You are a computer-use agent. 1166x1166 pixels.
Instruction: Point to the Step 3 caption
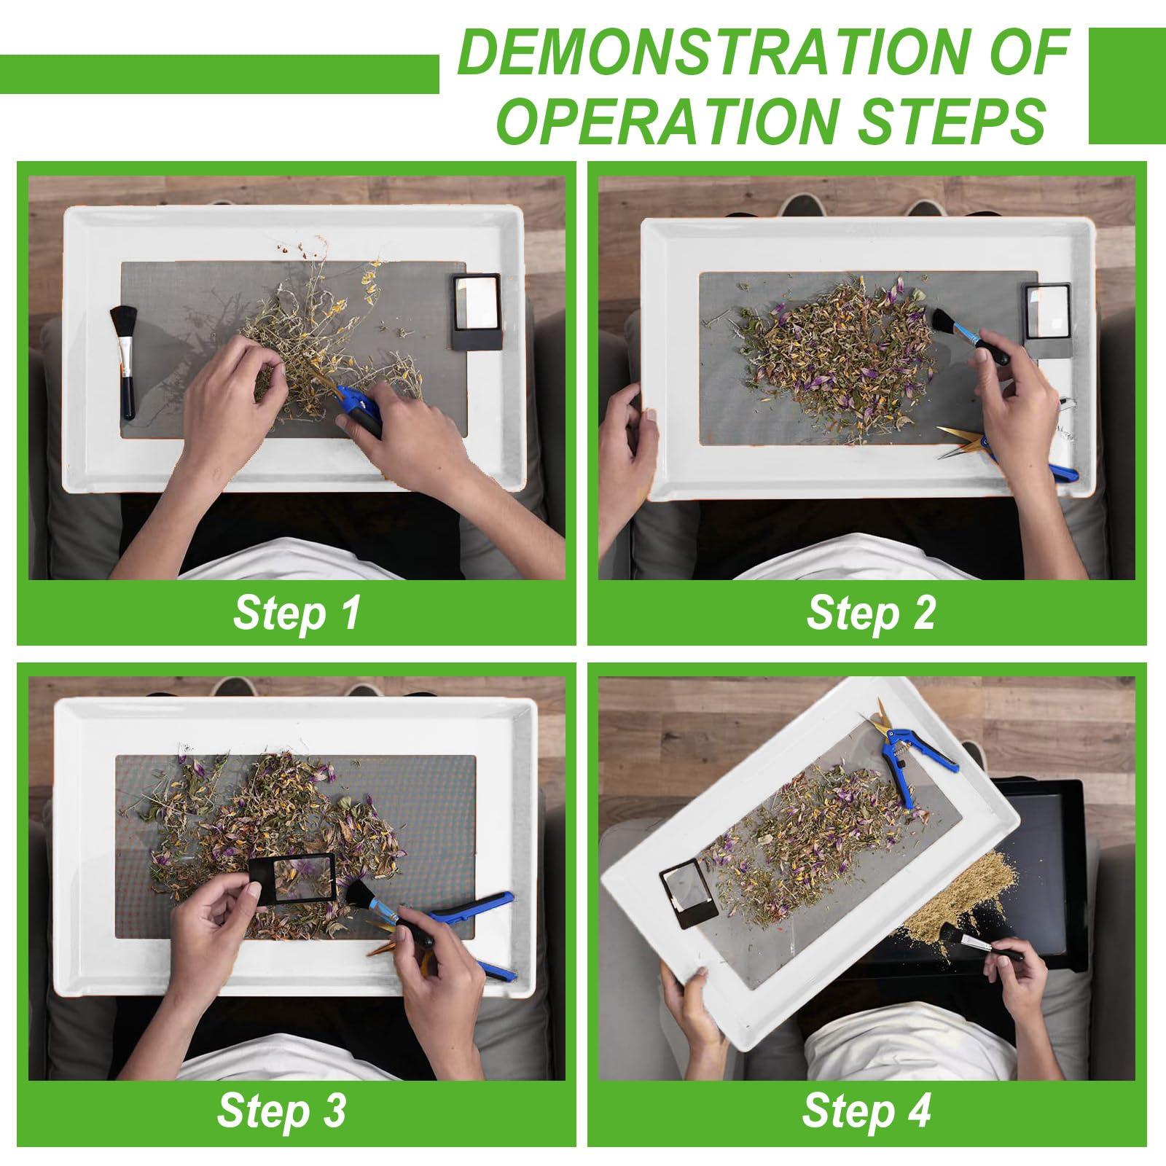pos(281,1111)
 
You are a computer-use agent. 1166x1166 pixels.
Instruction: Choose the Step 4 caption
pos(867,1111)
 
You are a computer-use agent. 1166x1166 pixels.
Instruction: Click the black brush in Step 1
pos(124,362)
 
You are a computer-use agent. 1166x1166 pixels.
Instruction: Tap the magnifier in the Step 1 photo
pos(477,310)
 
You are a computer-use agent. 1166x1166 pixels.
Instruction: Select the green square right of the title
pos(1127,86)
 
